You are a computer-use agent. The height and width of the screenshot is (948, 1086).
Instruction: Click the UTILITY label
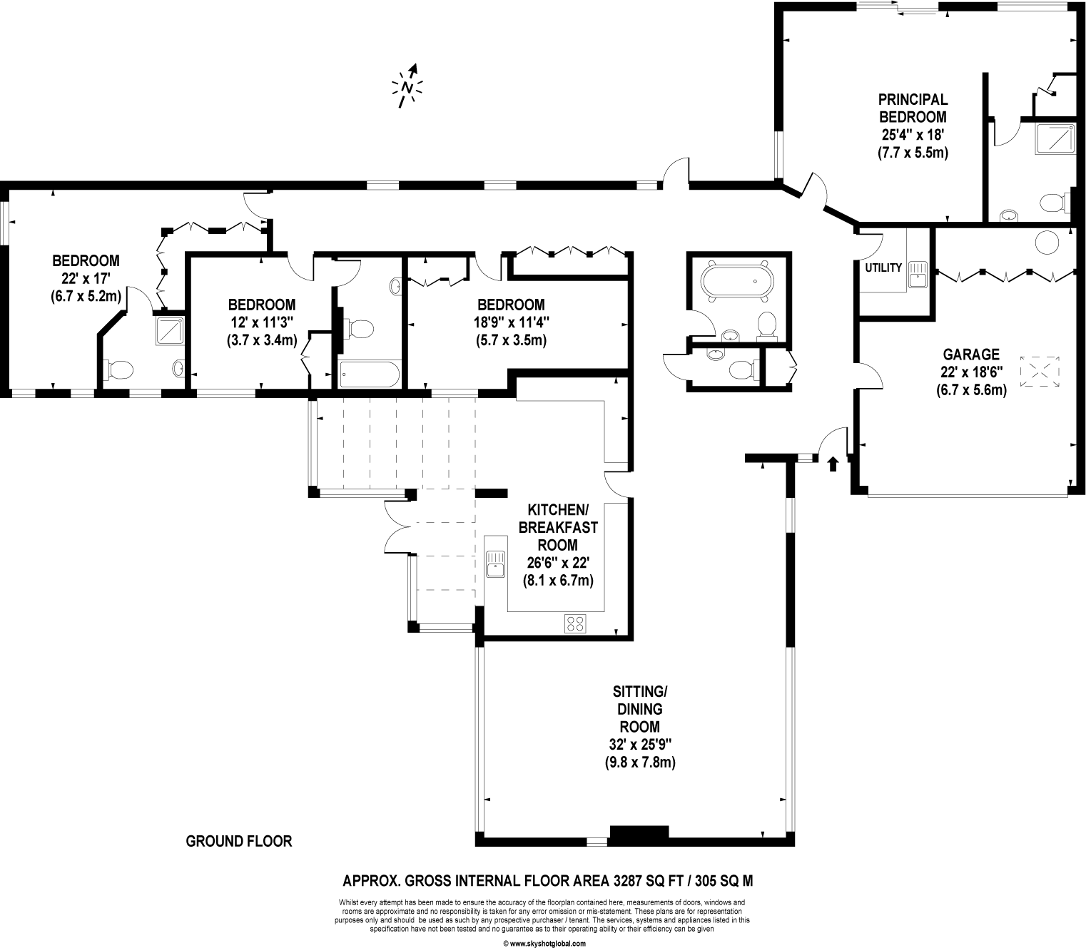883,268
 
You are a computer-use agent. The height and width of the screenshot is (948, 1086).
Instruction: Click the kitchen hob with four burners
575,623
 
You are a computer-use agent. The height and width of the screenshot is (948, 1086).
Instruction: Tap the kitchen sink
494,563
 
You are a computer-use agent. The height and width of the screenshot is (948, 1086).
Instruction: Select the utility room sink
918,275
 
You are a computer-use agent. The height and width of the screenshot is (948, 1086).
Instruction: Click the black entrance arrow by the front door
832,464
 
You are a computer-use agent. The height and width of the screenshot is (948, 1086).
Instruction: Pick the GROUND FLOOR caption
239,842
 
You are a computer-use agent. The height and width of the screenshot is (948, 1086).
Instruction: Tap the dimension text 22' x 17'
86,278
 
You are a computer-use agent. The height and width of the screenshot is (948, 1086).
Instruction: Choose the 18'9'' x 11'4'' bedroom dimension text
511,322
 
